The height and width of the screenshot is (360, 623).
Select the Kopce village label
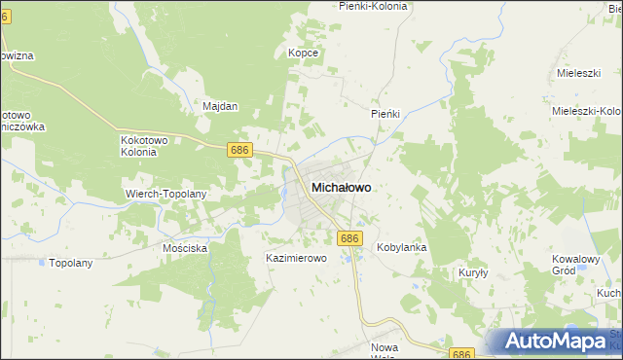[x=303, y=53]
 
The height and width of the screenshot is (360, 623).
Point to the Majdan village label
[x=220, y=106]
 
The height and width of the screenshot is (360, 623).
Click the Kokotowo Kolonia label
[x=145, y=146]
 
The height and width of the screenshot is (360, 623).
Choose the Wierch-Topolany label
[x=166, y=194]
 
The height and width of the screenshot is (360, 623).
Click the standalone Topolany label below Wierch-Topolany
[x=70, y=263]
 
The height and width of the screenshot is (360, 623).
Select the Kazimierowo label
[x=295, y=259]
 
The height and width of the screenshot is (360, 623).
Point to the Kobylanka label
[x=402, y=248]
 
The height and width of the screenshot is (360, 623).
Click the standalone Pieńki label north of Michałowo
[x=385, y=114]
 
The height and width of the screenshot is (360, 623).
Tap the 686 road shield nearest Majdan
[x=240, y=150]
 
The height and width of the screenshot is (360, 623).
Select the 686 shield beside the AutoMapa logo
[x=461, y=355]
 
